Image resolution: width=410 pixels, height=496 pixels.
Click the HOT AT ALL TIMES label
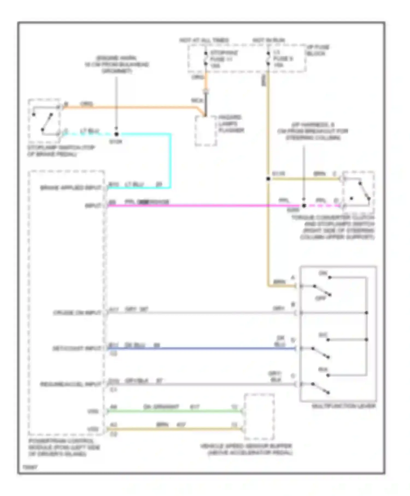[x=204, y=40]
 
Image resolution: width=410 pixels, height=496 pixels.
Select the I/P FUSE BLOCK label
[x=318, y=50]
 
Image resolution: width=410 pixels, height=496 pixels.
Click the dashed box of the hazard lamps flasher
[x=206, y=131]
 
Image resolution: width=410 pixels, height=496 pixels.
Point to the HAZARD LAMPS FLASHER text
[x=231, y=124]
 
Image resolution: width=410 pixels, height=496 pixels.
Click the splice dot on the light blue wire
[x=116, y=134]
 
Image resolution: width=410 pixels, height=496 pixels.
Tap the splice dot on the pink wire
[x=304, y=206]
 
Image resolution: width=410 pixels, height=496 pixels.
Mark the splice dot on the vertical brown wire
[x=268, y=179]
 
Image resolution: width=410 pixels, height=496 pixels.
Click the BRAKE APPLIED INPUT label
[x=71, y=188]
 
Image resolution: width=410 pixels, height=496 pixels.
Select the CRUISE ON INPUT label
[x=77, y=313]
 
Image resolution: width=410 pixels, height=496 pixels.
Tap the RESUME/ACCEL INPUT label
[x=71, y=384]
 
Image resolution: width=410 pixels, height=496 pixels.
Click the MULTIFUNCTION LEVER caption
[x=344, y=406]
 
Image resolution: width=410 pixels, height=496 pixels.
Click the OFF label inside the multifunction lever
[x=321, y=298]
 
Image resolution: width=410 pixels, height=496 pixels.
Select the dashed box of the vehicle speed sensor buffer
[x=259, y=417]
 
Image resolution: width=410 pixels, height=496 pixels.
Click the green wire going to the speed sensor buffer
[x=175, y=411]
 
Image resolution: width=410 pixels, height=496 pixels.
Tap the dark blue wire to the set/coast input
[x=202, y=349]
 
